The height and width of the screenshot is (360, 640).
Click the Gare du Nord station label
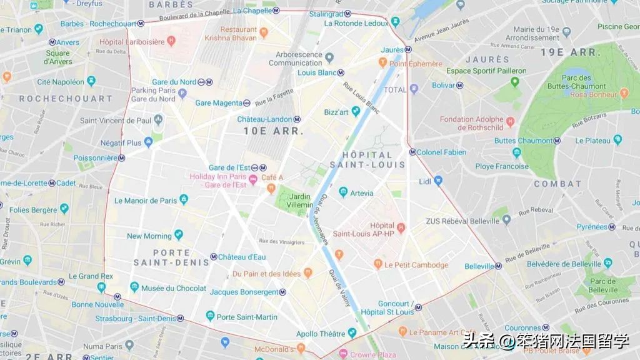click(x=174, y=82)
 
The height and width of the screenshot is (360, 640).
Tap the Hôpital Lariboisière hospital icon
click(x=172, y=42)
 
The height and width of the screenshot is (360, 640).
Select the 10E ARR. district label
click(x=273, y=131)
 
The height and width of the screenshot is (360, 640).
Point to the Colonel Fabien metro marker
click(x=412, y=152)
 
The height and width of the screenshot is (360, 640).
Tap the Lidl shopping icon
click(x=438, y=181)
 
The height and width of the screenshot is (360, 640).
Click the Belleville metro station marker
click(x=498, y=266)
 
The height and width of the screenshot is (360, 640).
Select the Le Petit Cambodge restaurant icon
click(x=377, y=265)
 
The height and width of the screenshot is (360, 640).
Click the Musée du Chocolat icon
click(x=134, y=287)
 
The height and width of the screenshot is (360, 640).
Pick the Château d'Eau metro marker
click(x=213, y=257)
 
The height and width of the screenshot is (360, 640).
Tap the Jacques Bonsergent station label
click(x=244, y=292)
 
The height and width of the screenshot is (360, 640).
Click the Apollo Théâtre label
click(x=320, y=334)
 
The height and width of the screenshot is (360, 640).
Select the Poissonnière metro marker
click(x=121, y=158)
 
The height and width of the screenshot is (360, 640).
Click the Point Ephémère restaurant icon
click(x=382, y=63)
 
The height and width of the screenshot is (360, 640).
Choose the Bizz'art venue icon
click(x=356, y=112)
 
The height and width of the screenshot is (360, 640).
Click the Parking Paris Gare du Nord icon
click(x=182, y=94)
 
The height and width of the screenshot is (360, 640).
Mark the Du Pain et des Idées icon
click(x=307, y=274)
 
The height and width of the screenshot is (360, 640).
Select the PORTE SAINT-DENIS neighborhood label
click(x=162, y=257)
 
